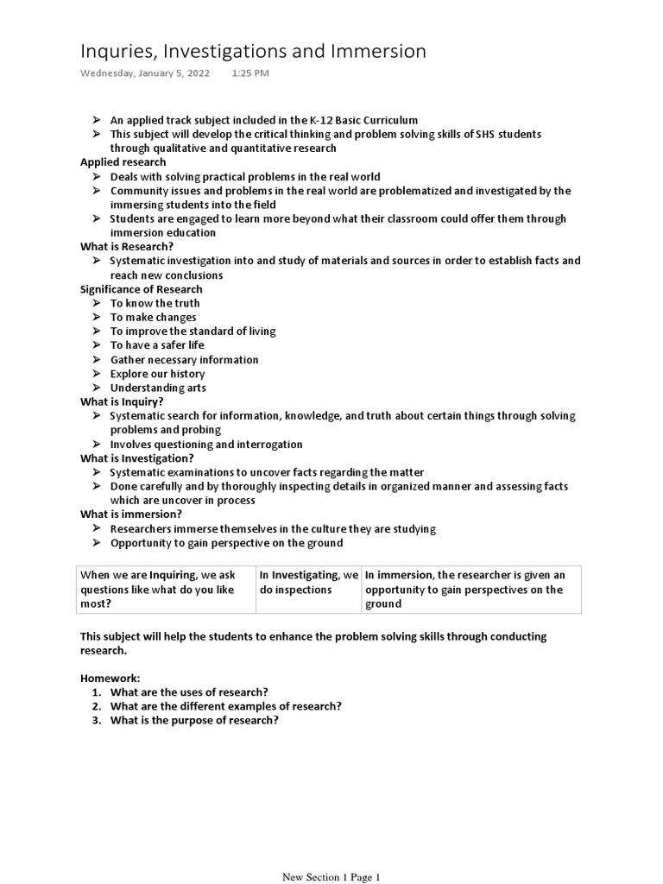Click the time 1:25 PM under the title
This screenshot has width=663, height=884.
[250, 73]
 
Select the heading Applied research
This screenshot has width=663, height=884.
[123, 162]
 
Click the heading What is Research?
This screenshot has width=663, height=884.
[127, 247]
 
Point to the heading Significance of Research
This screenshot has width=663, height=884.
[142, 289]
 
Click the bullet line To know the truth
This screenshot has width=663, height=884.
[155, 303]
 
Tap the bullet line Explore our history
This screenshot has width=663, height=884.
[157, 374]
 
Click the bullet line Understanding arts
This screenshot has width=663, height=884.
[158, 388]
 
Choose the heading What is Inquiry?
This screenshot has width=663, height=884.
[122, 401]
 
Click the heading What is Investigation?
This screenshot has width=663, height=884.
[137, 458]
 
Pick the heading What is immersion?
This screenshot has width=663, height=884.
[131, 515]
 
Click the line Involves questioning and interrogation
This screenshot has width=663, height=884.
[206, 445]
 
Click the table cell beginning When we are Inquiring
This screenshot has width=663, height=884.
[165, 590]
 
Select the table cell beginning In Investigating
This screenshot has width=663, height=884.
[308, 583]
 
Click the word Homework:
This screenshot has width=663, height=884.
[110, 679]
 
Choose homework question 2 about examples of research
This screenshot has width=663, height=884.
[225, 706]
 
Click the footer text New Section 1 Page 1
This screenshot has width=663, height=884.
[331, 877]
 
